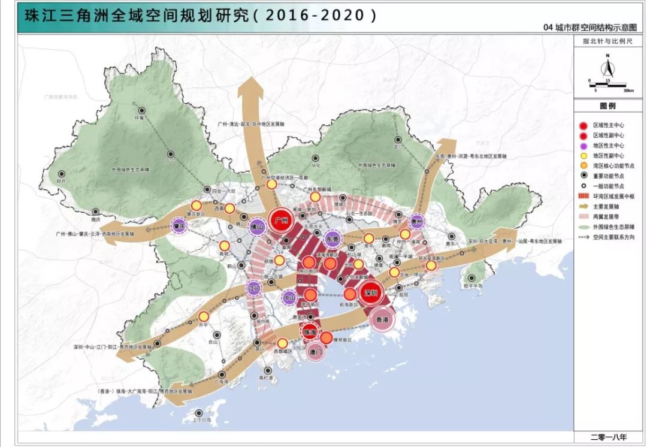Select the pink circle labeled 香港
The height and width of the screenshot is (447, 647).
(382, 320)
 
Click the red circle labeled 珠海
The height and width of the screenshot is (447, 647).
(309, 331)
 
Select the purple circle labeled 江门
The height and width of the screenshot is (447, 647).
(254, 288)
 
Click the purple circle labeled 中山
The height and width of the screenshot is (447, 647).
(290, 297)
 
